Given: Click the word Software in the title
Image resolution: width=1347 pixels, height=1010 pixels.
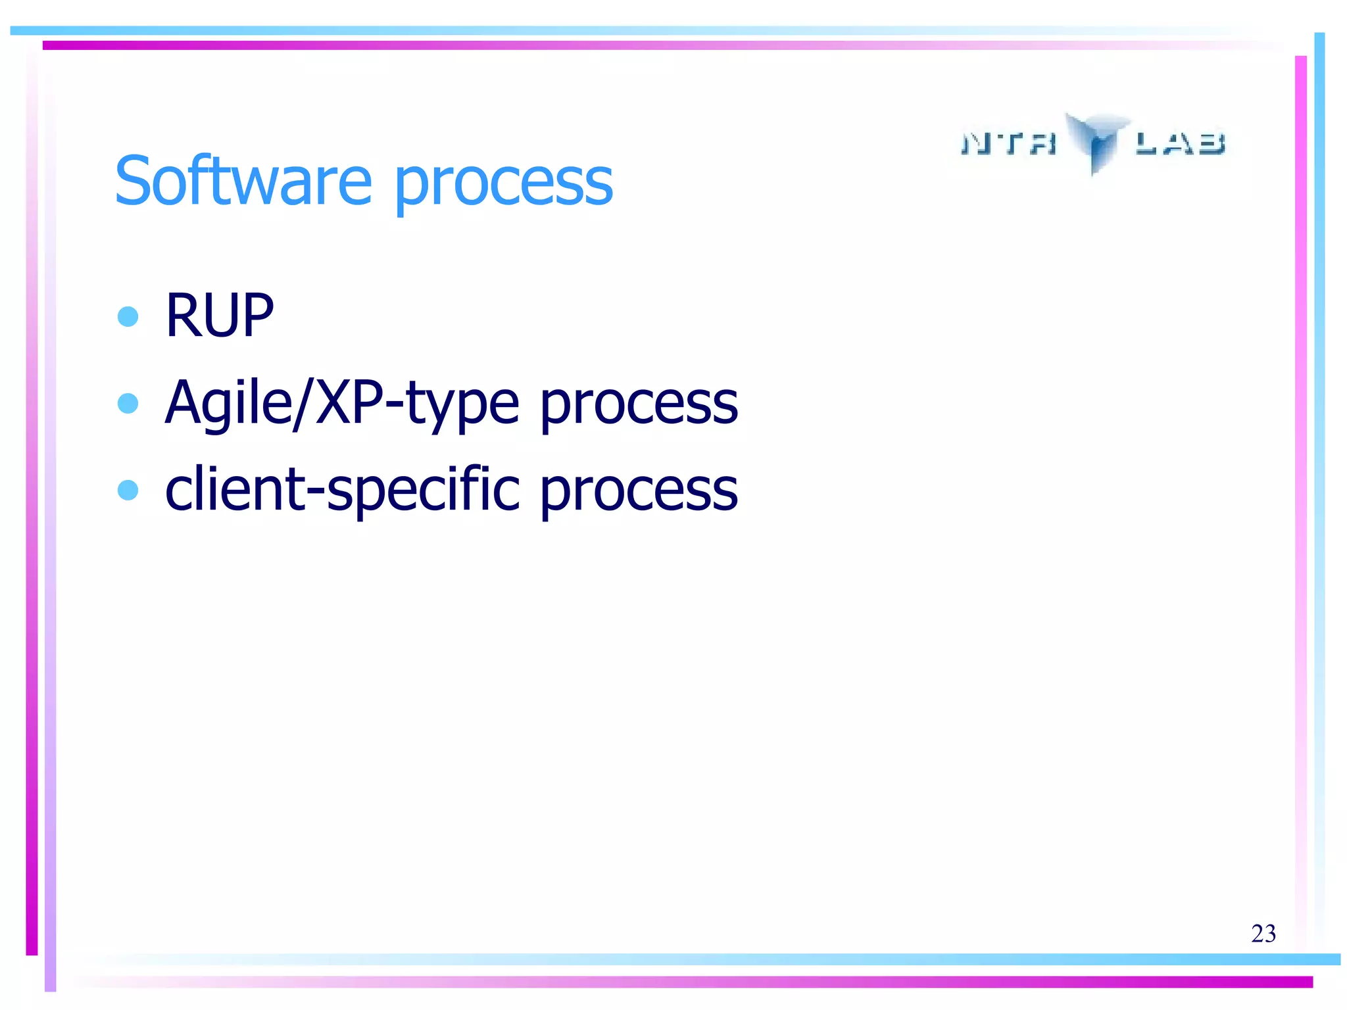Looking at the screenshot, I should (243, 181).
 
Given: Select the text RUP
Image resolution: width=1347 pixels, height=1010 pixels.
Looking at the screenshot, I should (219, 316).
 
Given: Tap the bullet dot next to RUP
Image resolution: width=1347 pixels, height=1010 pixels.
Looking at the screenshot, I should (128, 316).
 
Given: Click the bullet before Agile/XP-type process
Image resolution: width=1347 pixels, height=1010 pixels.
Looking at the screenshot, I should (128, 402).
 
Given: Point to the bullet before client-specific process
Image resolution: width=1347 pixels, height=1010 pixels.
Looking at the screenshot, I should (128, 490).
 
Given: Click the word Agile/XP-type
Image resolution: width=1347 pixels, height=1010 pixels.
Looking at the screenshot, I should (342, 402).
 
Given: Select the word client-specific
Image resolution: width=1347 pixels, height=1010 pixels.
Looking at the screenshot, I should (342, 490).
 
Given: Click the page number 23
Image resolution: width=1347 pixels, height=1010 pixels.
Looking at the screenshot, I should (1263, 934).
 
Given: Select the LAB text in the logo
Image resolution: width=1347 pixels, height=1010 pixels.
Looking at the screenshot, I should (1180, 143).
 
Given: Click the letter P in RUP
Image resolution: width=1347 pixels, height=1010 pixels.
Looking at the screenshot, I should (257, 316).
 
